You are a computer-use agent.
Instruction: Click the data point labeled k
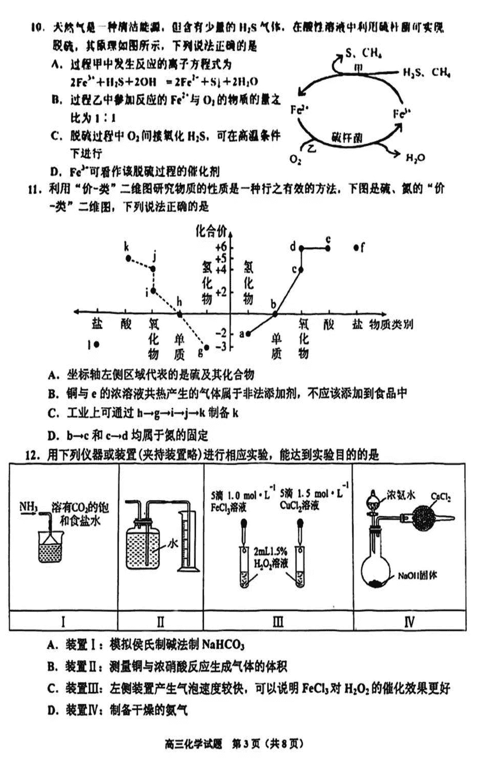[128, 258]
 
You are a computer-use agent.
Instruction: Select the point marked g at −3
[207, 347]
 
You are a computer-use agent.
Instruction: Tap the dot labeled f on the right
[356, 248]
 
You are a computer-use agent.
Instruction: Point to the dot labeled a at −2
[248, 333]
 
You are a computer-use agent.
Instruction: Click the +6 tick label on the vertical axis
[220, 247]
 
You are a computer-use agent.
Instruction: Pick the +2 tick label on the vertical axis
[220, 292]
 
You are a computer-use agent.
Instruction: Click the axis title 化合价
[211, 230]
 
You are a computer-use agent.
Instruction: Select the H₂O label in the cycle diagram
[415, 157]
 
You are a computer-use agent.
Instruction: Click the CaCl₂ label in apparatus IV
[441, 498]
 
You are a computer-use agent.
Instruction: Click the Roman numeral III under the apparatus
[278, 622]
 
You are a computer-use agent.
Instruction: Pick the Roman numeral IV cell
[409, 622]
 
